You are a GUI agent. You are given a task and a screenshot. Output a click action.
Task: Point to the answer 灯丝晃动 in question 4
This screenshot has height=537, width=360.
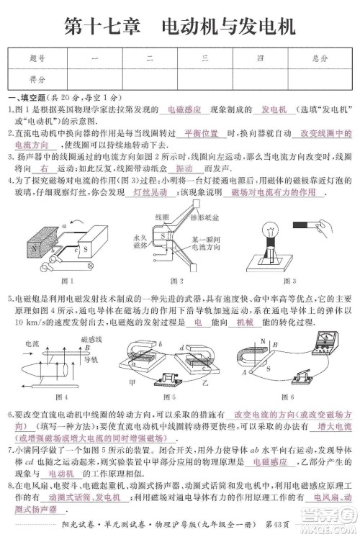pos(150,194)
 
